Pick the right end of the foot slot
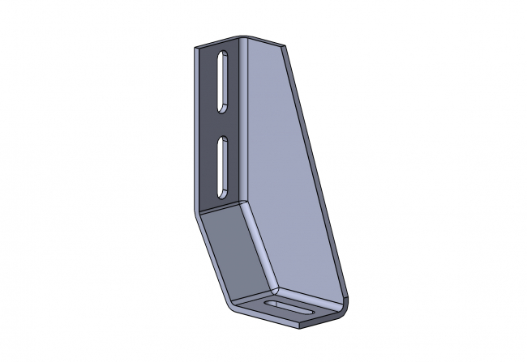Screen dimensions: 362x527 tap(312, 313)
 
